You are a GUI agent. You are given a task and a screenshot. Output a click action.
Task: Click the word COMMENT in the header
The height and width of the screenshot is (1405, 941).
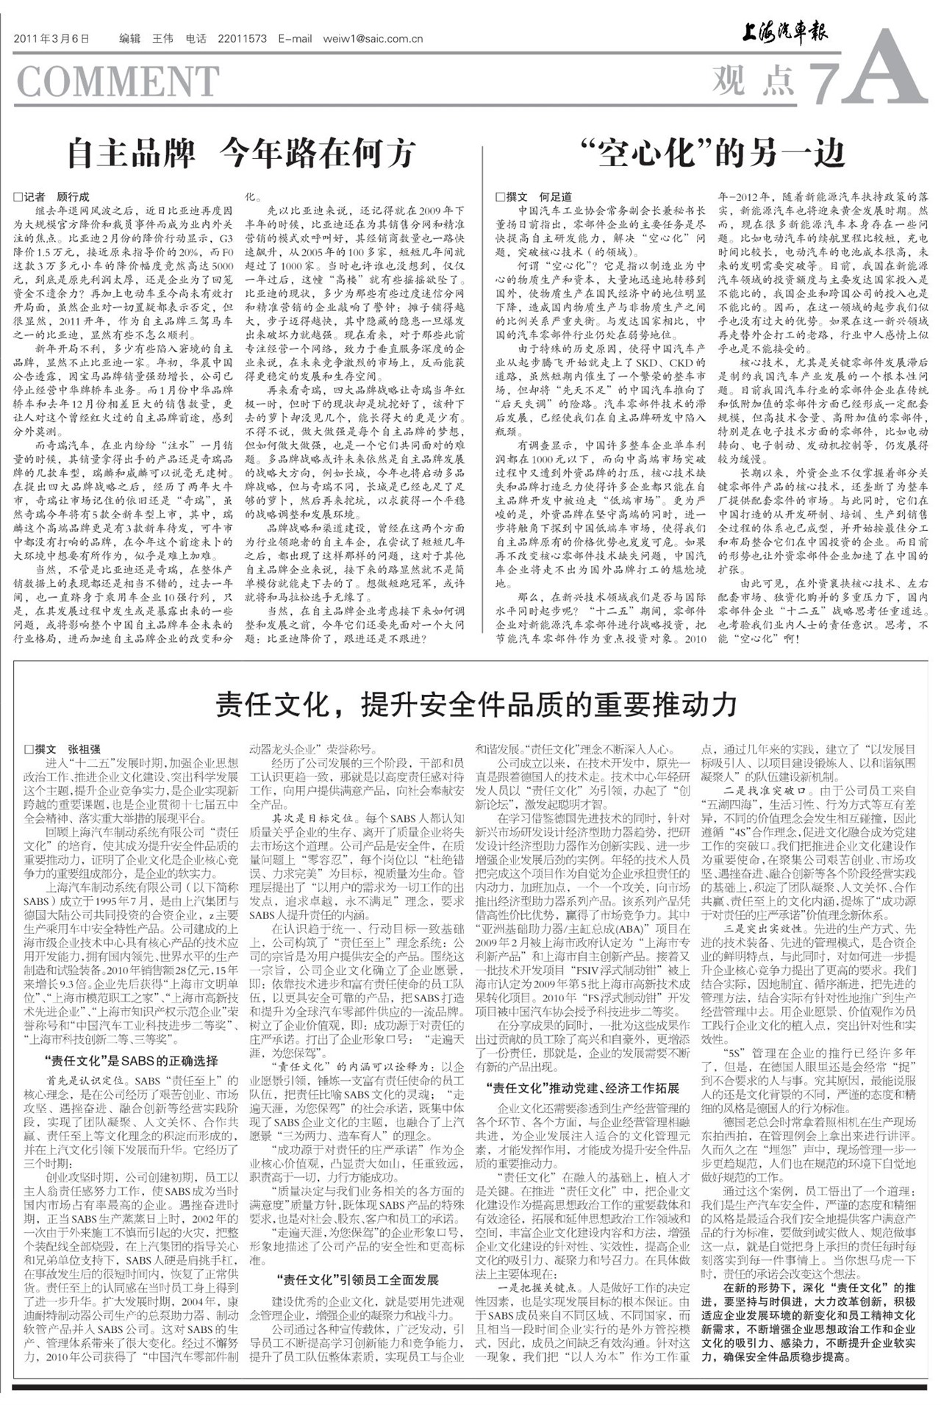pyautogui.click(x=118, y=81)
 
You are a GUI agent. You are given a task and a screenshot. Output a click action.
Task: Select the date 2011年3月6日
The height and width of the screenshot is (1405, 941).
pyautogui.click(x=51, y=39)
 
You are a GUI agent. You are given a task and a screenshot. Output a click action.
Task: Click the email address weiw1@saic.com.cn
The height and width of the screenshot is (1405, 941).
pyautogui.click(x=373, y=39)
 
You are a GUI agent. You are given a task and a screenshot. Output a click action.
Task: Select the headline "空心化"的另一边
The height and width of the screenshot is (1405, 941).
pyautogui.click(x=712, y=154)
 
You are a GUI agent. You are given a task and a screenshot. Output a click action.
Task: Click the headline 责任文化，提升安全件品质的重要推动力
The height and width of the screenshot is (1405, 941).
pyautogui.click(x=476, y=704)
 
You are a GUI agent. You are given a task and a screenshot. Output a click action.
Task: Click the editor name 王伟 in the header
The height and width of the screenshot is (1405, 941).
pyautogui.click(x=162, y=39)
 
